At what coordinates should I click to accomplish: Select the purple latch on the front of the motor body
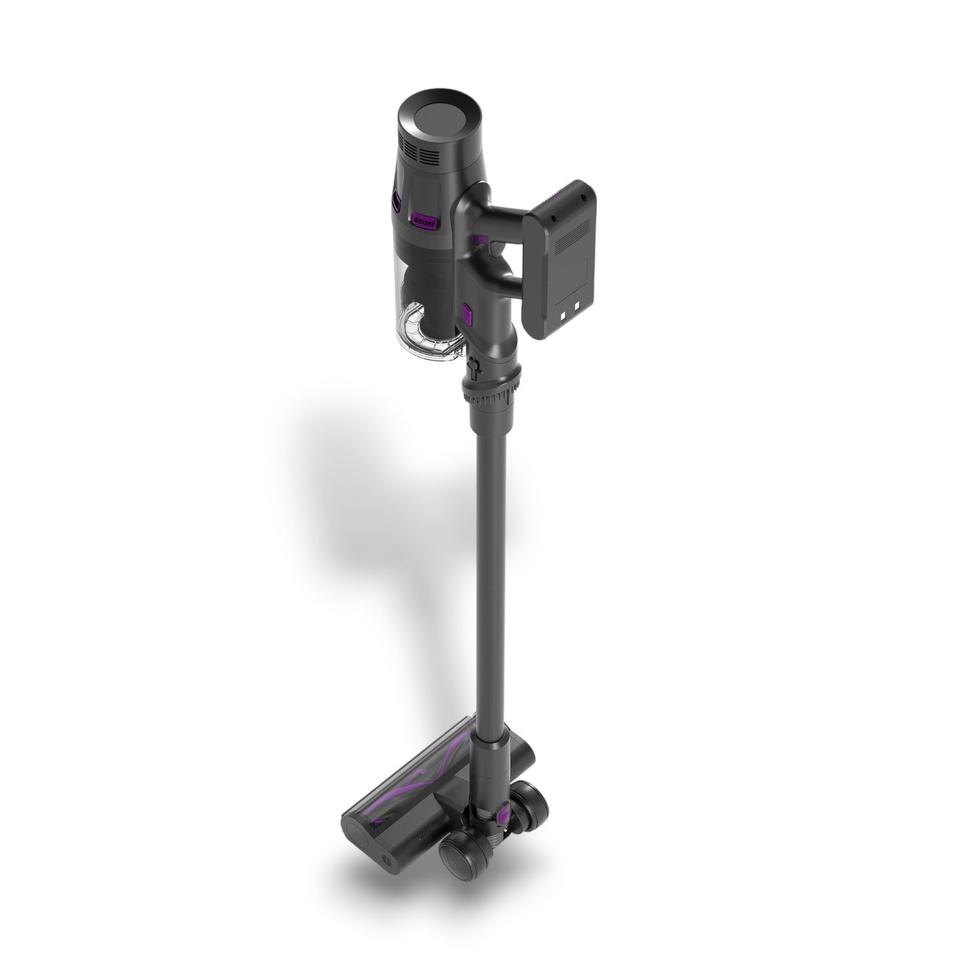(x=425, y=221)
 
